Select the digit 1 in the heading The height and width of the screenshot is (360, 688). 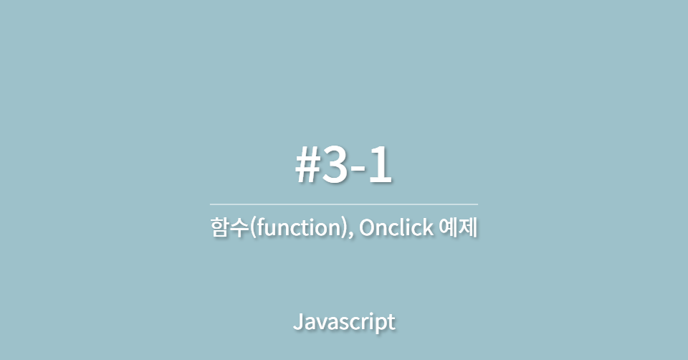click(x=381, y=166)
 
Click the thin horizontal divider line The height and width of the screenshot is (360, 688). click(x=344, y=204)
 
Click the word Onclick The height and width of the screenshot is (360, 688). click(x=396, y=229)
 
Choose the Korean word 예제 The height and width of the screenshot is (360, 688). click(x=459, y=229)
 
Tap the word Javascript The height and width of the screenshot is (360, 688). click(x=344, y=322)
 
